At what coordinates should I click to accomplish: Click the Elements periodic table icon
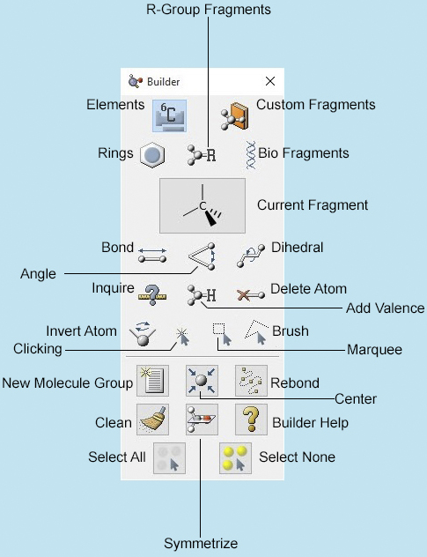[169, 115]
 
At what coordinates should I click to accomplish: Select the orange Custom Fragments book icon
[234, 116]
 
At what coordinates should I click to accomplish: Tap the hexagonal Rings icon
[152, 155]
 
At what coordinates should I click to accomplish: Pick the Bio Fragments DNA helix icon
[251, 154]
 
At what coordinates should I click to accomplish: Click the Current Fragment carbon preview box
[202, 205]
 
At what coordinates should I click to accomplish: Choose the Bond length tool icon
[152, 256]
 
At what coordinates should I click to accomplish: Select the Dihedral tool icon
[251, 256]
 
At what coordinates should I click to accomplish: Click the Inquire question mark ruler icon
[152, 295]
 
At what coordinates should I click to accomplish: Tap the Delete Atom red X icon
[251, 295]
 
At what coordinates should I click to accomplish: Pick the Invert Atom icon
[143, 333]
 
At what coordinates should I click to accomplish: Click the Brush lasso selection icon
[256, 332]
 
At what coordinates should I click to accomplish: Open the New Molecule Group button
[152, 381]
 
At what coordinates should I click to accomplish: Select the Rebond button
[251, 381]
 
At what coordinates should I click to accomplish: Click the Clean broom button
[152, 420]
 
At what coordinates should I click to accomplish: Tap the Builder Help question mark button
[251, 420]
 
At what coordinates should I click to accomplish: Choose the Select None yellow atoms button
[235, 458]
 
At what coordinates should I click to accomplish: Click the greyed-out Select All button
[169, 458]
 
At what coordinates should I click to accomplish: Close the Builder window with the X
[270, 81]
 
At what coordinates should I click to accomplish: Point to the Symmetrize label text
[201, 544]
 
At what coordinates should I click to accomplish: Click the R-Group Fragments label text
[209, 10]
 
